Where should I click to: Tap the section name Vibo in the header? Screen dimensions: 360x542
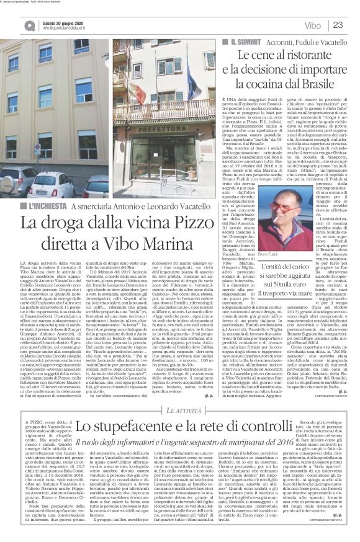[313, 25]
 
